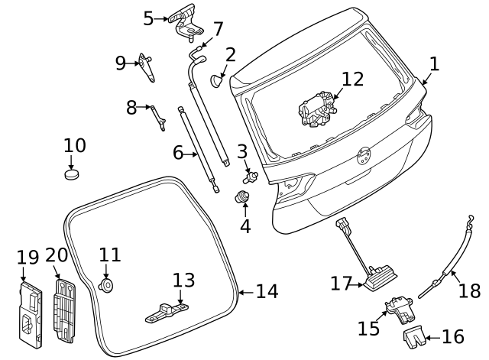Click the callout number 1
click(x=434, y=64)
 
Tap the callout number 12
click(x=353, y=79)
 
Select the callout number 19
click(x=28, y=257)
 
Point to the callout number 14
click(x=267, y=291)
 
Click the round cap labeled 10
click(x=72, y=174)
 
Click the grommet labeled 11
click(x=106, y=285)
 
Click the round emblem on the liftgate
click(x=363, y=157)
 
